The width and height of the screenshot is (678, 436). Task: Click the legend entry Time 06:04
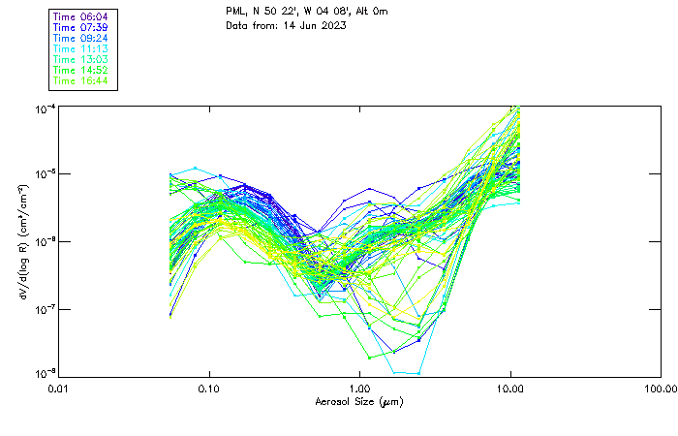click(x=80, y=16)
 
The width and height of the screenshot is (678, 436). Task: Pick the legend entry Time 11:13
click(x=80, y=48)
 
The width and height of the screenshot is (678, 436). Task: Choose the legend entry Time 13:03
click(x=80, y=59)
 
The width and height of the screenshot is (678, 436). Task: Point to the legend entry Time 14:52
click(x=80, y=70)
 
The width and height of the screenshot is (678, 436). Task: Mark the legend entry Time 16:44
click(x=80, y=80)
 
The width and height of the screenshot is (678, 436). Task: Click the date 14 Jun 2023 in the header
click(x=313, y=25)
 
